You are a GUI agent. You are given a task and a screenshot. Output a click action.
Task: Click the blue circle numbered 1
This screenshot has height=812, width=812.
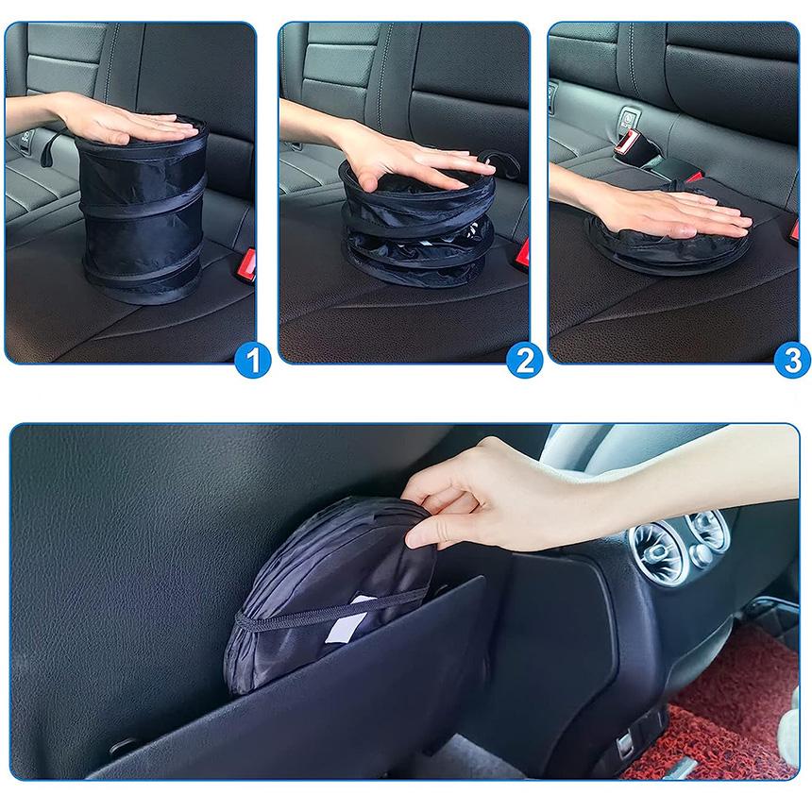click(x=252, y=359)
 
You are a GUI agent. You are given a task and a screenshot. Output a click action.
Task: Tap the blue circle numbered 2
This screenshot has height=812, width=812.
click(x=524, y=359)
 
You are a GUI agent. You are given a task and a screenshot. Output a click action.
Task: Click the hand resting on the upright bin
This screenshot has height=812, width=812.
click(x=123, y=123)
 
